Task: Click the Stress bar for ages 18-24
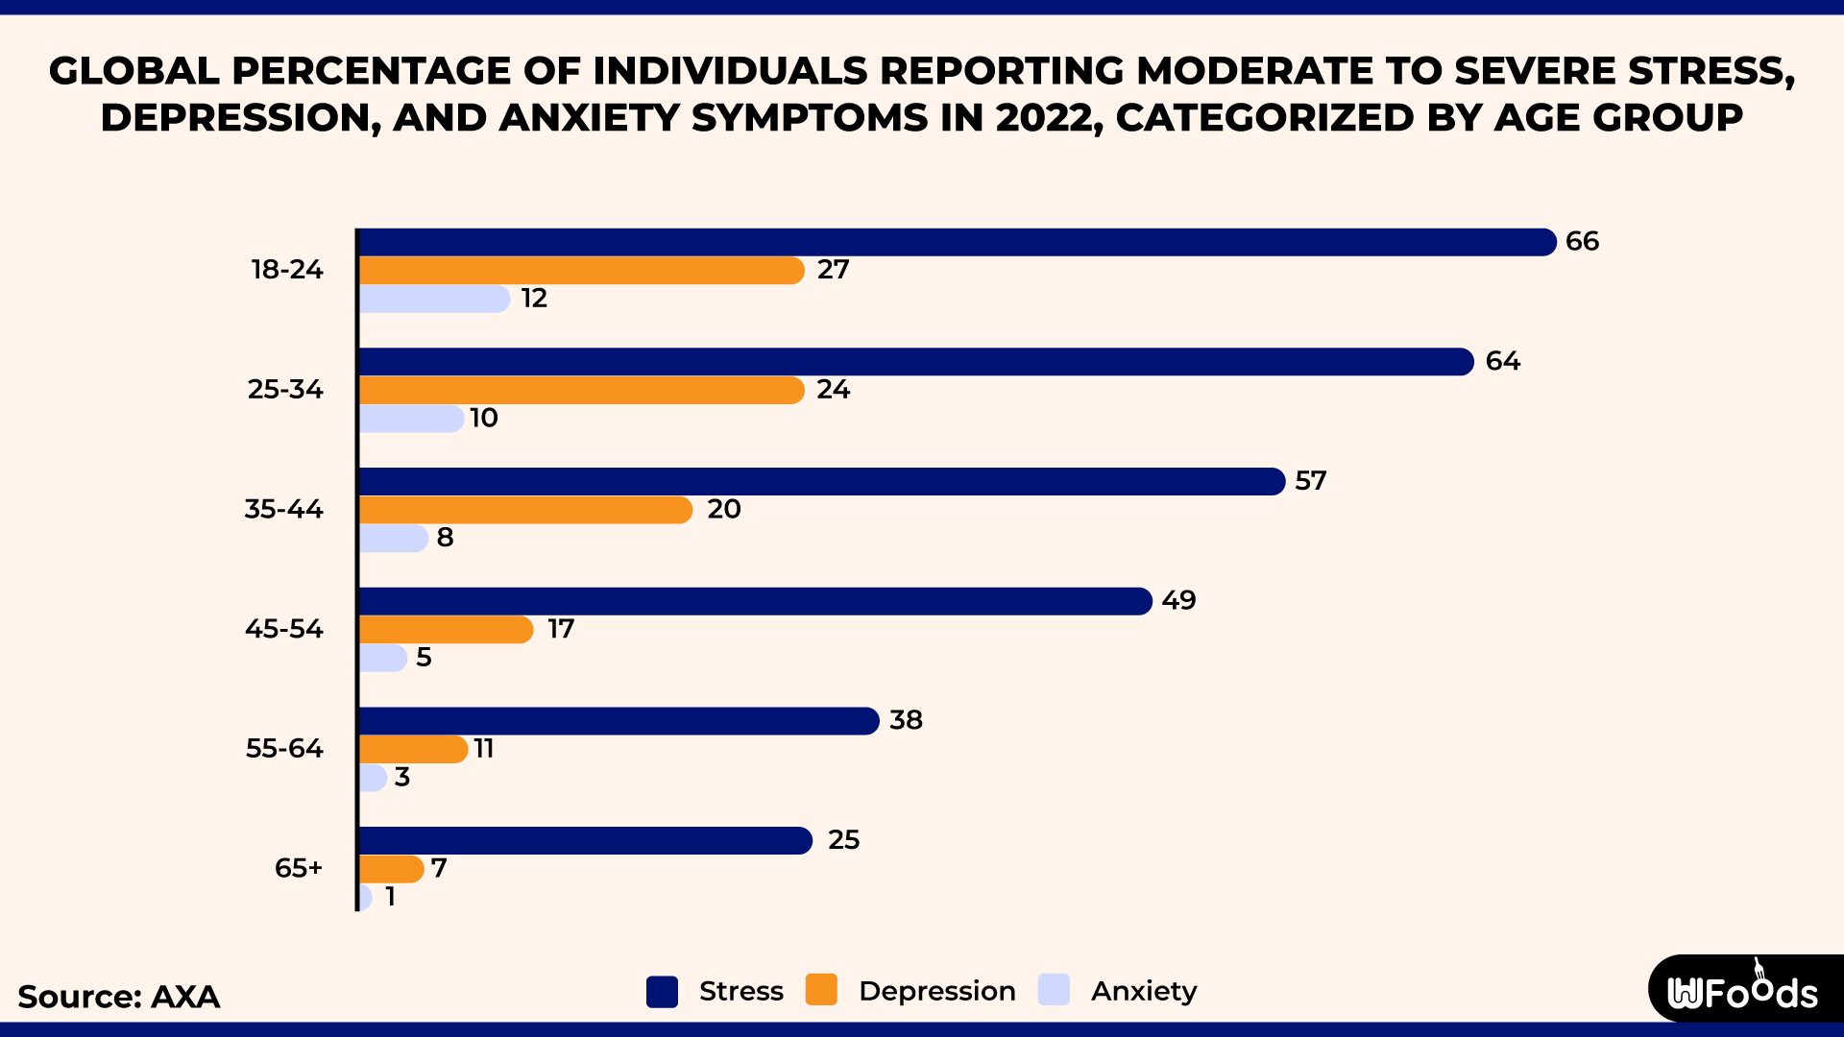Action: point(956,242)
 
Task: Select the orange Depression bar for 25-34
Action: point(581,390)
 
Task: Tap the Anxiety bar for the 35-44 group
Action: point(393,538)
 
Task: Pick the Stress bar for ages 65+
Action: point(585,840)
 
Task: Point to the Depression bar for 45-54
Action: point(446,630)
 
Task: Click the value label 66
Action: point(1582,242)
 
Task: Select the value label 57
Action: point(1310,481)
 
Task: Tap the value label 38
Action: point(906,720)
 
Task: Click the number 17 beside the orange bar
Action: point(561,630)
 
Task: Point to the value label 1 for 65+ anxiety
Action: point(390,897)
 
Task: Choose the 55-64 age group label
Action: point(284,749)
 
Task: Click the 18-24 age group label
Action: point(287,270)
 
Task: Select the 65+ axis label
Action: point(299,868)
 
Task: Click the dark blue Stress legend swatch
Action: point(662,991)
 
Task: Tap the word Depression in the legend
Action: point(936,991)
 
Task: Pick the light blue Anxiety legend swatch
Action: point(1054,990)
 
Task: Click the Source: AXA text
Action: point(119,997)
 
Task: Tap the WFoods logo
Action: point(1742,991)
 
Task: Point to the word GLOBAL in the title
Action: point(133,71)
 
